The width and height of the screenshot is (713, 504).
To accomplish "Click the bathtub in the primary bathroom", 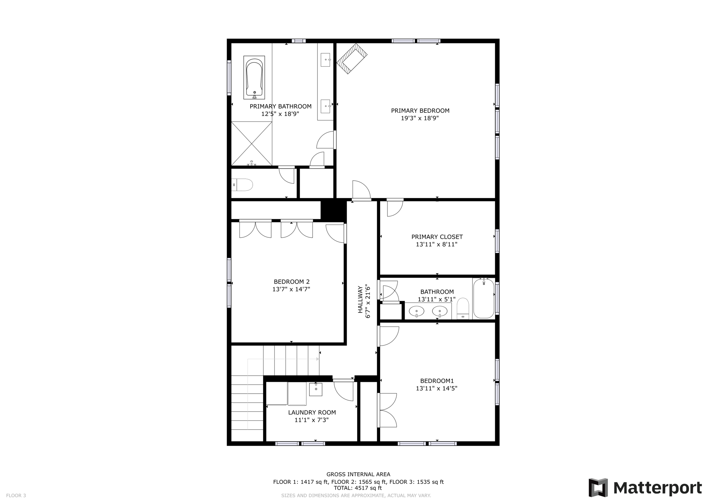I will [254, 77].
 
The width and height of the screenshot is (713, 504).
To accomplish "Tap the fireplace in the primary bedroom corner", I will [352, 58].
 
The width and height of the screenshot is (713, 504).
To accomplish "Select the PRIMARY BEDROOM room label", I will [420, 111].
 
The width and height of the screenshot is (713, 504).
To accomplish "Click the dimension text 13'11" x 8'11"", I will [436, 244].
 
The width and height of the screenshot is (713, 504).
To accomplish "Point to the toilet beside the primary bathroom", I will [243, 185].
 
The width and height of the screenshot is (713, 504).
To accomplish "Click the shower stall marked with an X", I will [251, 143].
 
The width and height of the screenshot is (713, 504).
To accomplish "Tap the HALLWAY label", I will [360, 299].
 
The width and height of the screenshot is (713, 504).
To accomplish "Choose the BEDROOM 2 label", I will [291, 282].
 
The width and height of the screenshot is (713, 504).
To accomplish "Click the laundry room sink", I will [316, 389].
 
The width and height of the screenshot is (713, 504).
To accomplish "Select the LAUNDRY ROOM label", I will [312, 412].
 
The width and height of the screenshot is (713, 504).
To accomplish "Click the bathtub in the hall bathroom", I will [484, 298].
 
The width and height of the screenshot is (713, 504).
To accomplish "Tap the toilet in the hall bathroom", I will [463, 309].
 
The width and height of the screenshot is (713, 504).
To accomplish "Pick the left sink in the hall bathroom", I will [416, 311].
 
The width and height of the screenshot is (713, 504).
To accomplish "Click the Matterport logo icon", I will [598, 487].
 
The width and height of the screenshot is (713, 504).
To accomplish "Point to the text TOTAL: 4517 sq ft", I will [358, 488].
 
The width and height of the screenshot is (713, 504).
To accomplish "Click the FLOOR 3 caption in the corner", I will [16, 496].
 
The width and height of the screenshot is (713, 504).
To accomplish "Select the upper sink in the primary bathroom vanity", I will [325, 60].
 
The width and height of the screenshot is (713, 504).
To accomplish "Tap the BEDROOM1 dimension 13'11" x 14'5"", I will [436, 388].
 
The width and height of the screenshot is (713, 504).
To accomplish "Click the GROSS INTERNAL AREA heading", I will [358, 474].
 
